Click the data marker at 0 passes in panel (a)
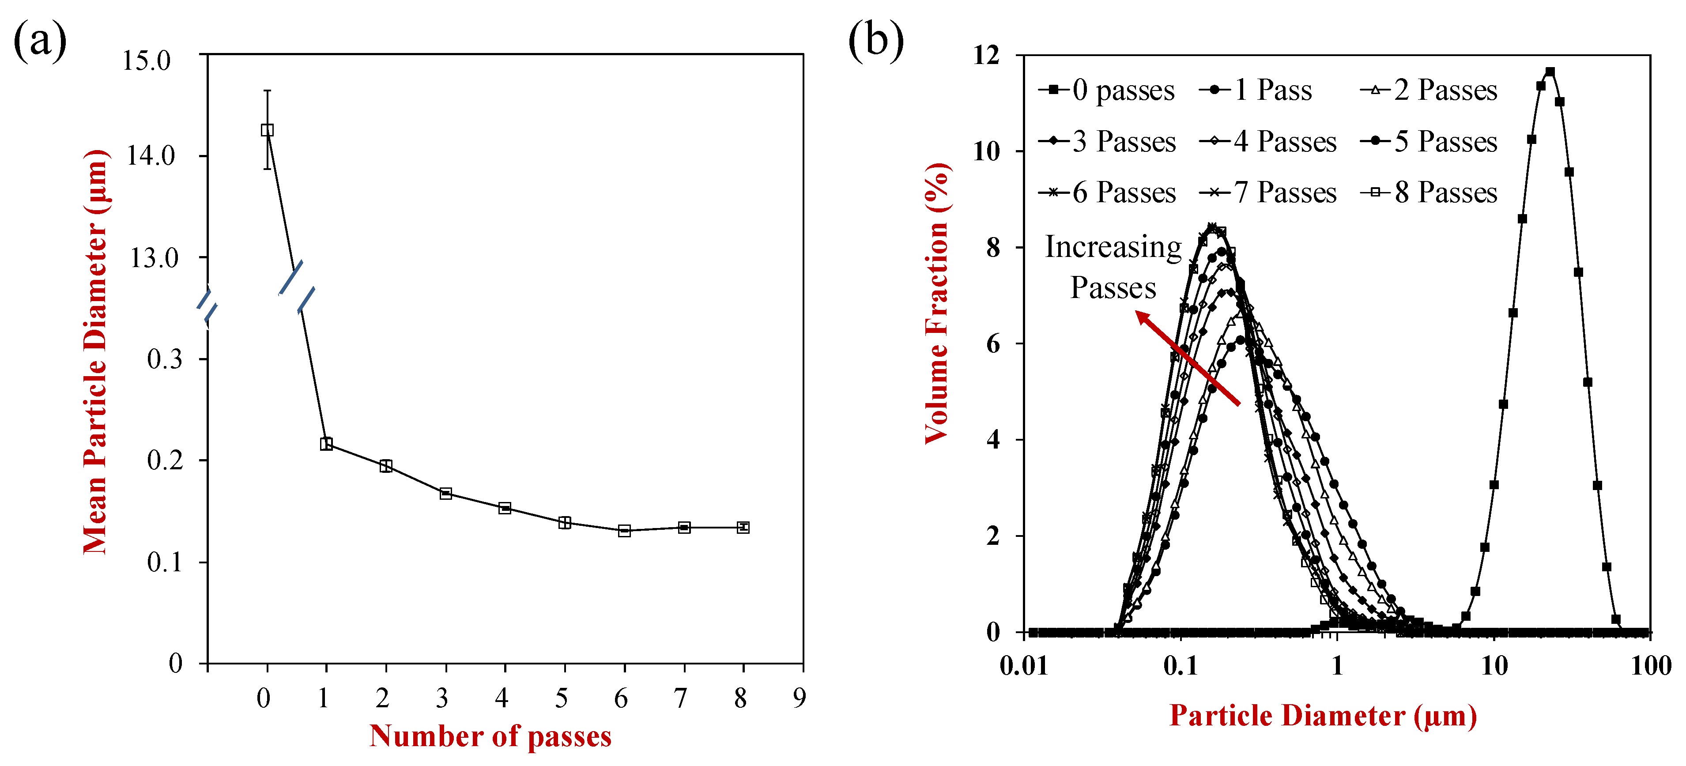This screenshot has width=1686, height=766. click(x=267, y=130)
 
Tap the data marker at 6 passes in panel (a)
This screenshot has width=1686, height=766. click(x=624, y=530)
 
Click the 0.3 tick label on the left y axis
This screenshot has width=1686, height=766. click(x=164, y=359)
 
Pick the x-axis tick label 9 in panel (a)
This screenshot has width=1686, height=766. click(x=799, y=698)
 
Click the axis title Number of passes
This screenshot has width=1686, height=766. click(x=490, y=736)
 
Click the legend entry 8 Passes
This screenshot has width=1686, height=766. click(x=1430, y=192)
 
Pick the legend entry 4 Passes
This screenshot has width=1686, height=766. click(x=1269, y=141)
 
